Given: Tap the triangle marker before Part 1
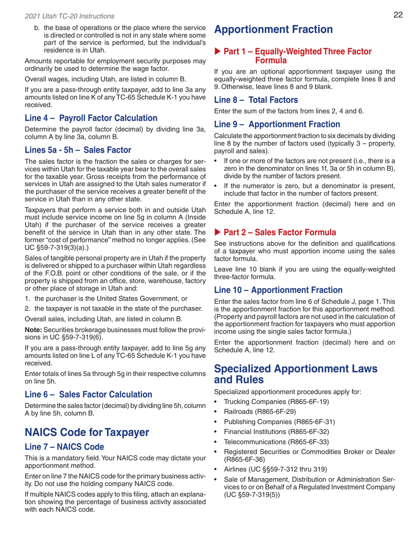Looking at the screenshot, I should [218, 52].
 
